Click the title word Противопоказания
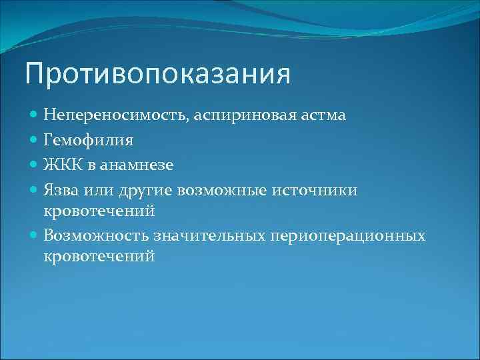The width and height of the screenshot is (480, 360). (157, 74)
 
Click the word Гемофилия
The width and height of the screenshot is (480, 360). (88, 141)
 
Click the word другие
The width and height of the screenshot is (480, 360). (145, 191)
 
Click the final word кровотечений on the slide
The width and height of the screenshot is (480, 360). (99, 255)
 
